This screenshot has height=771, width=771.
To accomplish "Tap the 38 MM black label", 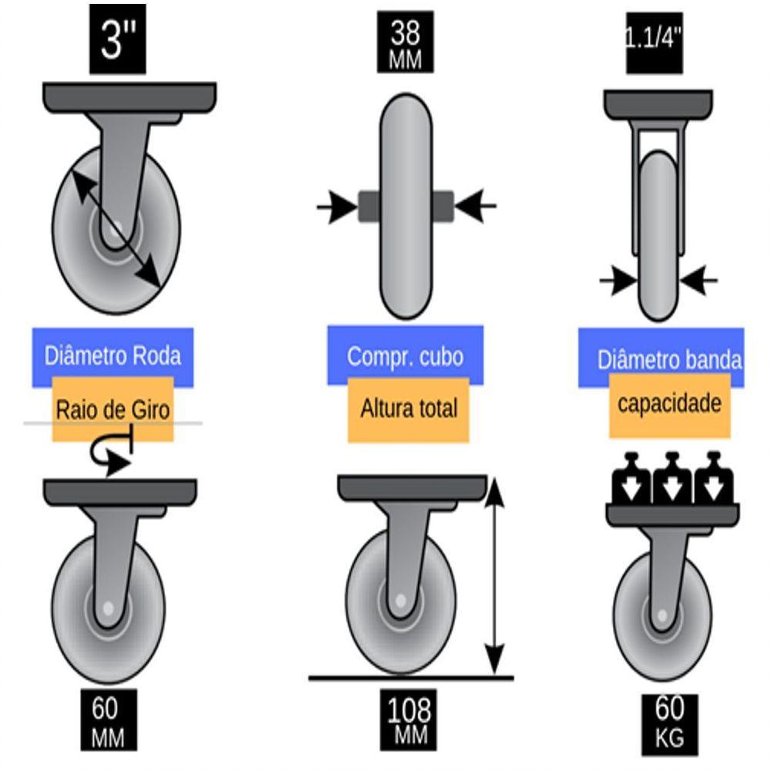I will (x=406, y=44).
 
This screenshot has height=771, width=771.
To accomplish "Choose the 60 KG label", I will (x=669, y=722).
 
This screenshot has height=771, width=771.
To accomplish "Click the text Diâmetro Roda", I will (x=113, y=356).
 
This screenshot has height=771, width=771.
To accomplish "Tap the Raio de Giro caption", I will (x=113, y=409).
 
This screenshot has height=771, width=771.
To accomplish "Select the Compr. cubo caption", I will (x=406, y=356).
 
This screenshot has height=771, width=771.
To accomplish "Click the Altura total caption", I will (x=409, y=409).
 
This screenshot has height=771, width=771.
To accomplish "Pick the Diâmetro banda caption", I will (x=669, y=359).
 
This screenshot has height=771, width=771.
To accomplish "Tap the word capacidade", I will (x=669, y=404).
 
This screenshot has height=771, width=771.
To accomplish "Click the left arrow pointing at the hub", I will (x=337, y=206).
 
